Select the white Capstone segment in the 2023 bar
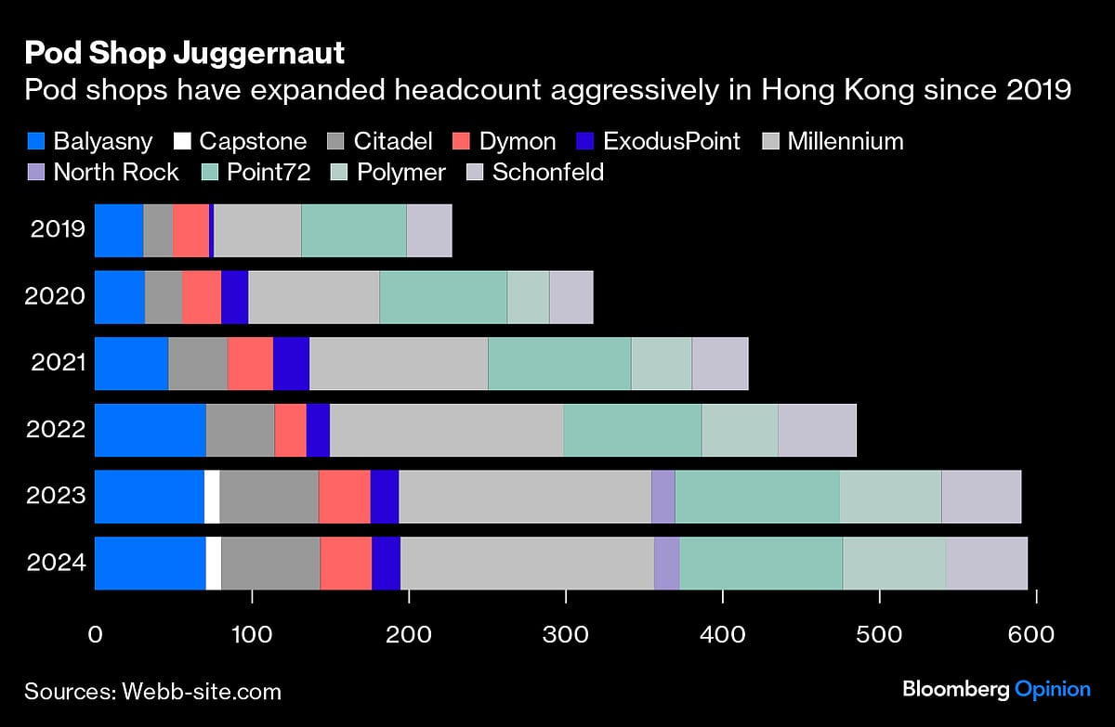[212, 496]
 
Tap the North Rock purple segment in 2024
[666, 563]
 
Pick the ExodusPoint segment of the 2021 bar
[291, 362]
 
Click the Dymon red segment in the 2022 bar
[290, 429]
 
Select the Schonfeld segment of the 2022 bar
[816, 429]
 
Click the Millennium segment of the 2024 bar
[527, 563]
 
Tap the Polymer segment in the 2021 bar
[661, 362]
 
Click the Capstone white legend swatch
[182, 141]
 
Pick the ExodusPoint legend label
[671, 141]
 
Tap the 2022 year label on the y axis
[58, 429]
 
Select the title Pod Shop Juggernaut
[184, 53]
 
